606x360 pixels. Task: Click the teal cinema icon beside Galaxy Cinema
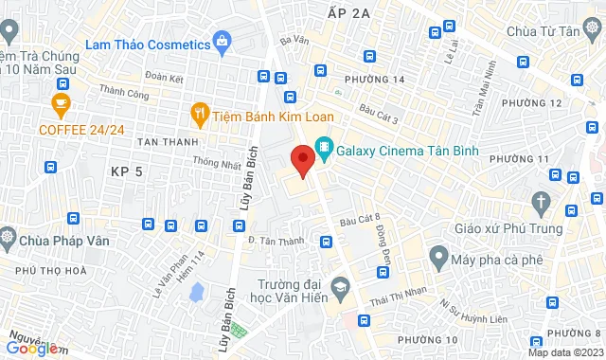(x=326, y=149)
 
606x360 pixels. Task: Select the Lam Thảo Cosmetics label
(x=147, y=45)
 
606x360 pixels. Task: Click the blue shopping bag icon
(x=222, y=41)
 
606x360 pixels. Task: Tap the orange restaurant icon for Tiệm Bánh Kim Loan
(x=199, y=113)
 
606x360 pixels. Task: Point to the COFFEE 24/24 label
(x=80, y=129)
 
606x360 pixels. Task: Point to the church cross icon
(x=542, y=202)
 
